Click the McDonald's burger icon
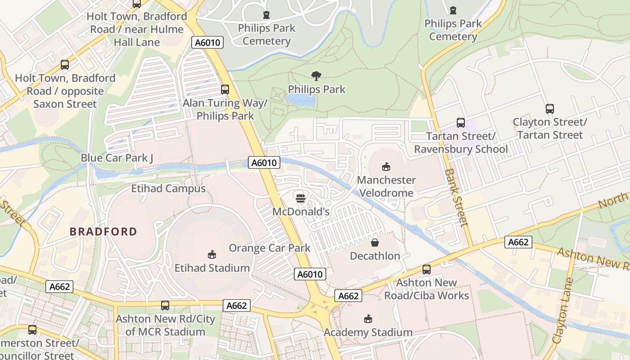coord(301,198)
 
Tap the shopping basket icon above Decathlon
coord(374,243)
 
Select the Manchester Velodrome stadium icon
coord(386,167)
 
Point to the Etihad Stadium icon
coord(211,255)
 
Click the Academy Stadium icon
coord(368,319)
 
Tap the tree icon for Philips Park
coord(316,76)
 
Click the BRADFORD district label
coord(103,232)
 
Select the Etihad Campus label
coord(168,189)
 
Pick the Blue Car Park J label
coord(117,158)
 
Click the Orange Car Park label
coord(270,248)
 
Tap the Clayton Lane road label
coord(563,310)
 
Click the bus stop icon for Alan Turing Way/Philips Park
coord(225,90)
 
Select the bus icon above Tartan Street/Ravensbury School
coord(460,123)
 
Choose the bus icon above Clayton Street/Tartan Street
coord(549,109)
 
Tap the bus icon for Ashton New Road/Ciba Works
coord(426,270)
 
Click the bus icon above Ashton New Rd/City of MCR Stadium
coord(165,306)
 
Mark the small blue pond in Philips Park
coord(301,99)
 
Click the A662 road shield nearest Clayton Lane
coord(518,242)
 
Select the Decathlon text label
coord(375,256)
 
